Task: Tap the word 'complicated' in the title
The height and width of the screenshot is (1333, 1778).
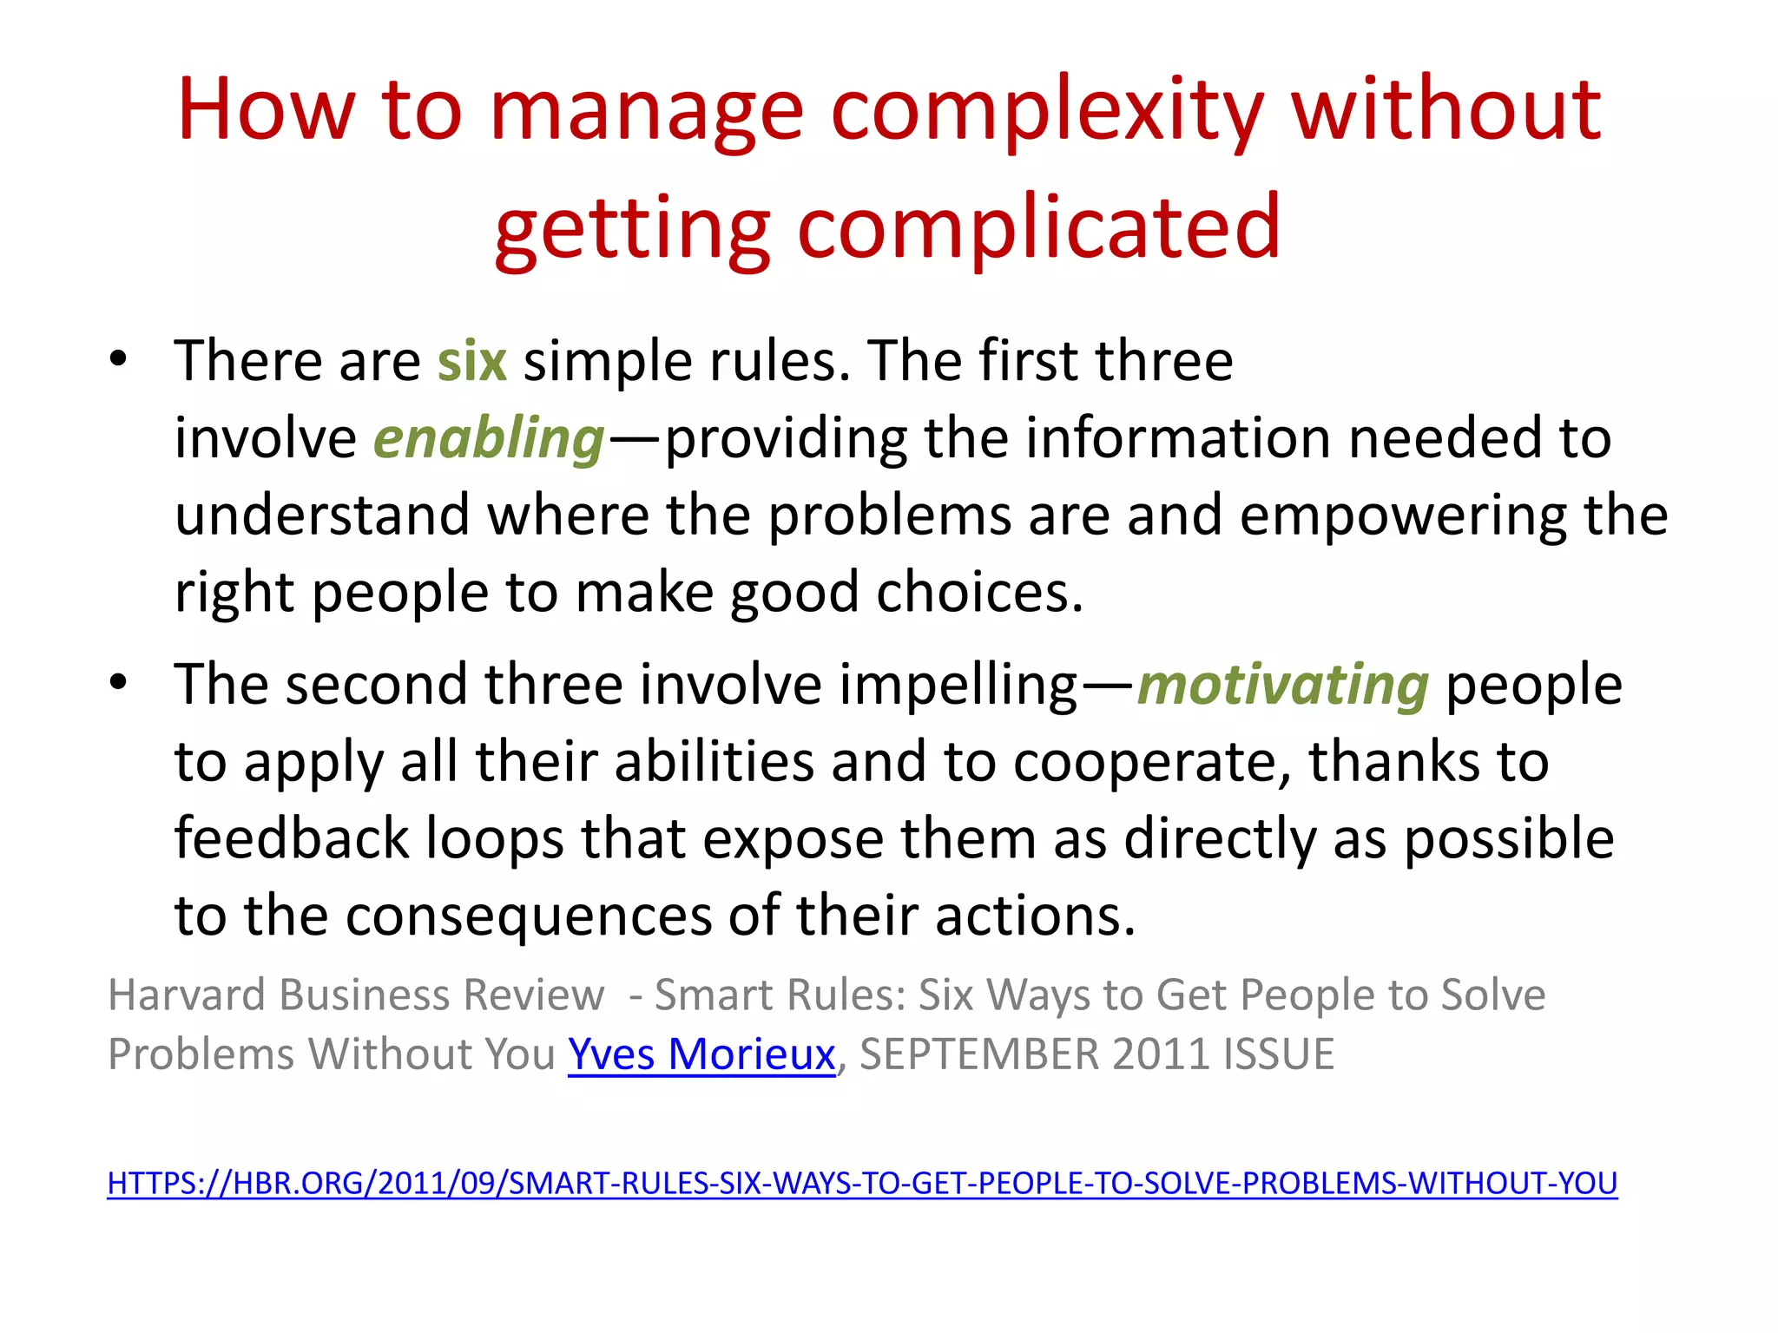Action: click(1038, 227)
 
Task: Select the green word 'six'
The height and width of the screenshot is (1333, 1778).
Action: click(471, 361)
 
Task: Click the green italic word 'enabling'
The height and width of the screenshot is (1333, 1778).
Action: click(489, 438)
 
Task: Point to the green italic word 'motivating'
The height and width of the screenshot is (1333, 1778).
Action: click(1282, 686)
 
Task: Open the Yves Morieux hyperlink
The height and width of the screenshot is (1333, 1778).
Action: click(701, 1054)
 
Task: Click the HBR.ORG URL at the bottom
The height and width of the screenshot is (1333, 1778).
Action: click(862, 1184)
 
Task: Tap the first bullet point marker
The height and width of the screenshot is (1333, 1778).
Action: click(119, 358)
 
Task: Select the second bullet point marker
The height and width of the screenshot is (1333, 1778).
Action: click(119, 683)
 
